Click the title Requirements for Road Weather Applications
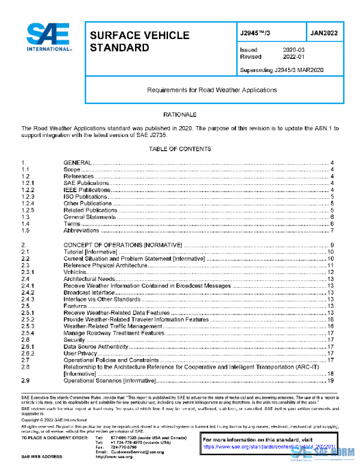[212, 90]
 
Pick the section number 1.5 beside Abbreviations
[26, 231]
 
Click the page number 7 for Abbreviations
[331, 231]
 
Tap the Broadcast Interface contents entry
[88, 292]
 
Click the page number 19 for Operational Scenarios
[330, 381]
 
